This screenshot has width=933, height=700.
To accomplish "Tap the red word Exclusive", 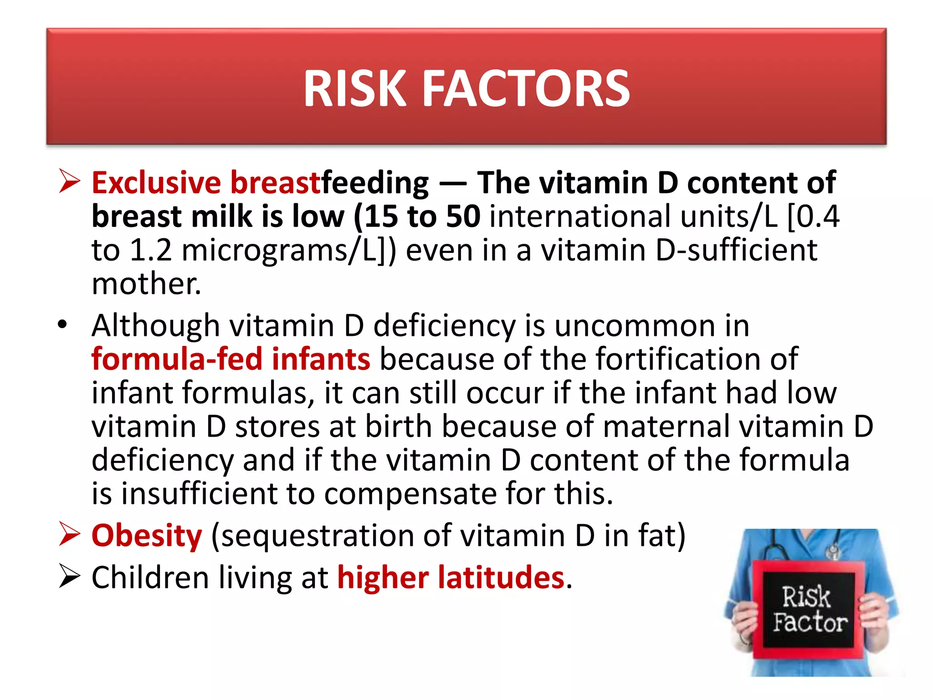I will [x=156, y=183].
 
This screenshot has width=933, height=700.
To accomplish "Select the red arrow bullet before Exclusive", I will [x=70, y=181].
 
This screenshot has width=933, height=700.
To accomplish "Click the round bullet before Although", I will [x=62, y=325].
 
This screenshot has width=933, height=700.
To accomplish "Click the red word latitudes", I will [x=501, y=577].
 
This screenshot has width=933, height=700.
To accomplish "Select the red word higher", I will [x=383, y=577].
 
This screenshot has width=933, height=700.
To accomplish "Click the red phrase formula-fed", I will [x=177, y=359].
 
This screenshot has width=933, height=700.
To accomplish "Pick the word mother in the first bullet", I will [x=146, y=284].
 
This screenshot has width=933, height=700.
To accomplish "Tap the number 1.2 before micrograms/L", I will [x=151, y=251].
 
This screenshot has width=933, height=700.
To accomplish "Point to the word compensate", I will [x=410, y=494].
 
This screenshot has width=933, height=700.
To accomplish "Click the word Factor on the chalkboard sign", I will [x=810, y=623].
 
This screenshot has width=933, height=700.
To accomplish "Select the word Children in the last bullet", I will [x=150, y=578].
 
